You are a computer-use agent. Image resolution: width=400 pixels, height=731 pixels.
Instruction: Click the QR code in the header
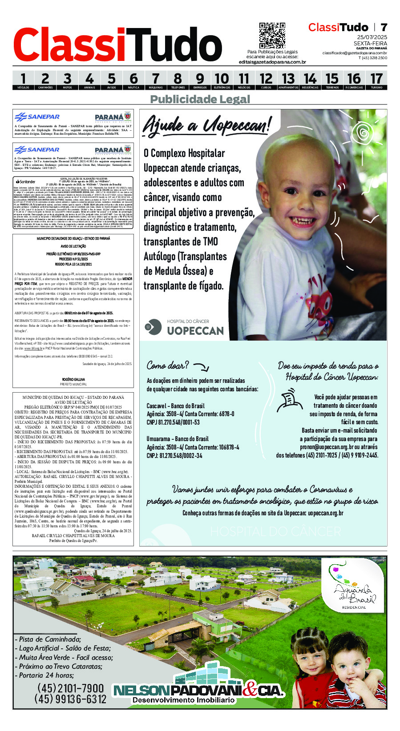point(272,36)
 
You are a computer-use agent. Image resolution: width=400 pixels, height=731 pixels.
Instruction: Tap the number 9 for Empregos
point(200,79)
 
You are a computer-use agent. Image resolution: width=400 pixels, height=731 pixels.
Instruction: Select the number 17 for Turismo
point(376,79)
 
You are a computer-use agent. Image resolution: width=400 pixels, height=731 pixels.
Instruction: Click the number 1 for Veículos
point(23,79)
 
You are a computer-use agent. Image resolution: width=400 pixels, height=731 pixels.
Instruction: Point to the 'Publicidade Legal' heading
point(200,99)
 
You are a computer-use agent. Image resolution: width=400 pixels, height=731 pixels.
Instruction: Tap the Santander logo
point(25,181)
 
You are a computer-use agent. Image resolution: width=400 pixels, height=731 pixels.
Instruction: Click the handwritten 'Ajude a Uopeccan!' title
point(207,125)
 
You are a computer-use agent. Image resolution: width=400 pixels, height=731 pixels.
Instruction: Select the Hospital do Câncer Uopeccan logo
point(184,327)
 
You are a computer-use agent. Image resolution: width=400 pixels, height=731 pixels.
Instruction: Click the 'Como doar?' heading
point(168,365)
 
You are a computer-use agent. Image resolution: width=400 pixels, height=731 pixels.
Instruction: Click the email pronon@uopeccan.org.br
point(327,447)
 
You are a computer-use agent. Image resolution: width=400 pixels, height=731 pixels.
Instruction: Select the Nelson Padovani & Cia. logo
point(198,691)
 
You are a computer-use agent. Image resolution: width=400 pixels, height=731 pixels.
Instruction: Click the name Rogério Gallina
point(73,379)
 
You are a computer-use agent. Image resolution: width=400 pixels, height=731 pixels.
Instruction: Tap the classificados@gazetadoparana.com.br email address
point(355,53)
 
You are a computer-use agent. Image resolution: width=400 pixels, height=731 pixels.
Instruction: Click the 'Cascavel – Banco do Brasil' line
point(175,406)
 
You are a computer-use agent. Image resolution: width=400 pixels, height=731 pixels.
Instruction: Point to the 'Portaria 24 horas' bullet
point(46,675)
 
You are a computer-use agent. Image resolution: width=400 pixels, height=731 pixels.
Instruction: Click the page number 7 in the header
point(384,27)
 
